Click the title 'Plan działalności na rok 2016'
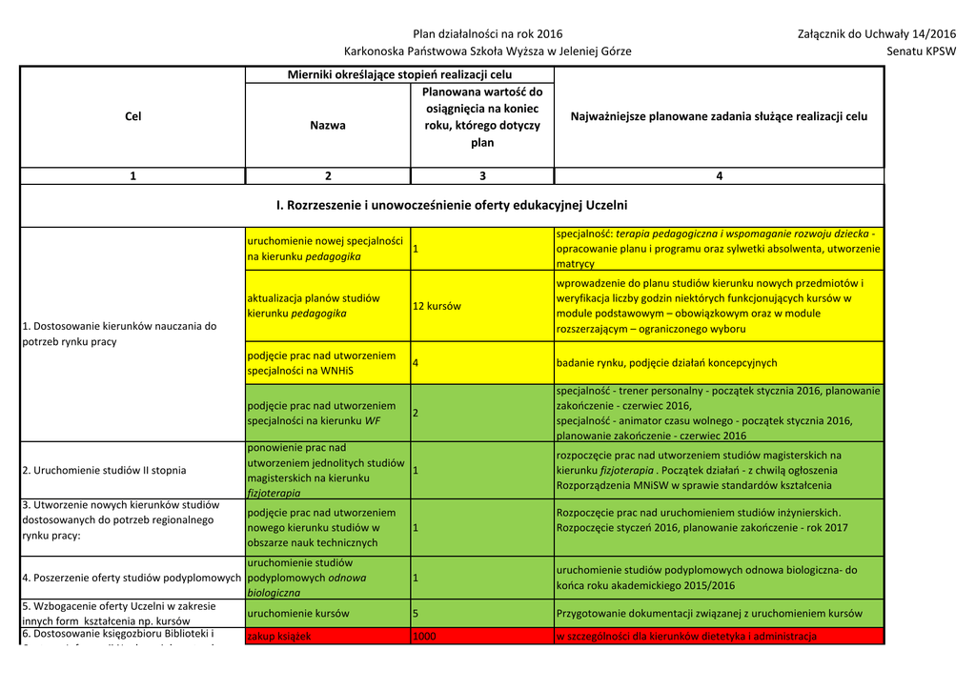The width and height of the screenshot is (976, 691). (x=487, y=34)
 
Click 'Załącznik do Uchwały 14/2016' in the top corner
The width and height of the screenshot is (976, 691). (x=876, y=34)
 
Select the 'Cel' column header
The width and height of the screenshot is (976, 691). (x=132, y=116)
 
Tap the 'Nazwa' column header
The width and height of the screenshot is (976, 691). (x=328, y=125)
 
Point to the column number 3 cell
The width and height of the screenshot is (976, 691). (x=482, y=175)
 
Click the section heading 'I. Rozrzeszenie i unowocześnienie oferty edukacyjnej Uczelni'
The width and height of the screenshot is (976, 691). (x=452, y=205)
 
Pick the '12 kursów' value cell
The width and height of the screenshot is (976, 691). (x=437, y=306)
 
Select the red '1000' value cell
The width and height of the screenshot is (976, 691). (x=425, y=636)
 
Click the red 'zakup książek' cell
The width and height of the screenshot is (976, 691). (x=279, y=636)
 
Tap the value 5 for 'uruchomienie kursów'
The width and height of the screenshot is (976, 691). (x=417, y=614)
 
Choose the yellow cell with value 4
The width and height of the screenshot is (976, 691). (x=417, y=363)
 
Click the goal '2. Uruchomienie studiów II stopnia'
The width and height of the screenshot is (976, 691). (x=104, y=470)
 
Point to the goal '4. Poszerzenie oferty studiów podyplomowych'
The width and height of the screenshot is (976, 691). (x=132, y=578)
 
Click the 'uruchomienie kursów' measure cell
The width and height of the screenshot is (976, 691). (x=298, y=614)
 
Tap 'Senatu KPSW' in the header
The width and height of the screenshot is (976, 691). (x=921, y=51)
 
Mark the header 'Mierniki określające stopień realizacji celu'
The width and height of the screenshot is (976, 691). (x=399, y=74)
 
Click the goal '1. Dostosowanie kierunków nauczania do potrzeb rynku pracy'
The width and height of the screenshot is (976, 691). (x=119, y=334)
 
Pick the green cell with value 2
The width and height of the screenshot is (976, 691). (x=417, y=413)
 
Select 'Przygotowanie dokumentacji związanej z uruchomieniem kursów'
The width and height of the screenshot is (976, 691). (x=709, y=614)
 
